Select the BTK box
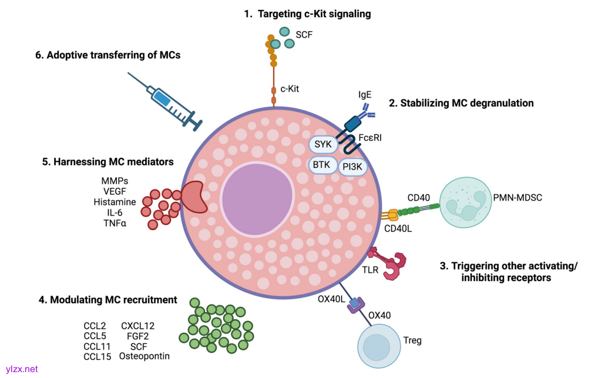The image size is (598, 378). [321, 165]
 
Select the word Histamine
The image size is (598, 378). [115, 202]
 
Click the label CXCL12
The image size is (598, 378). [137, 326]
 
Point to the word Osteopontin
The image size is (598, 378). [144, 356]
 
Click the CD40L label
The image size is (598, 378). [398, 228]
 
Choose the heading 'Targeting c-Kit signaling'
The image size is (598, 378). [307, 14]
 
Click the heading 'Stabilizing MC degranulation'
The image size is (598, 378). [461, 103]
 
